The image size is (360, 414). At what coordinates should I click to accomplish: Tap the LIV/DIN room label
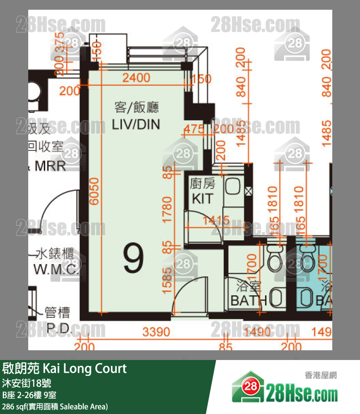tap(136, 124)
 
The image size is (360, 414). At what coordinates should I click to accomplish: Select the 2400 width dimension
tap(136, 78)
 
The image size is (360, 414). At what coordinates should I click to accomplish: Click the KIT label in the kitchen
tap(202, 198)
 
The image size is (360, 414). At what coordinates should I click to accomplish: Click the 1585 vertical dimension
tap(168, 282)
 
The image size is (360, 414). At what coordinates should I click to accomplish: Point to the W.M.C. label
tap(56, 270)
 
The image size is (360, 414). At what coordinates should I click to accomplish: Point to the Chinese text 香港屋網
tap(321, 375)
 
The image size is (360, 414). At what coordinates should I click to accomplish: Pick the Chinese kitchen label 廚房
tap(202, 184)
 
